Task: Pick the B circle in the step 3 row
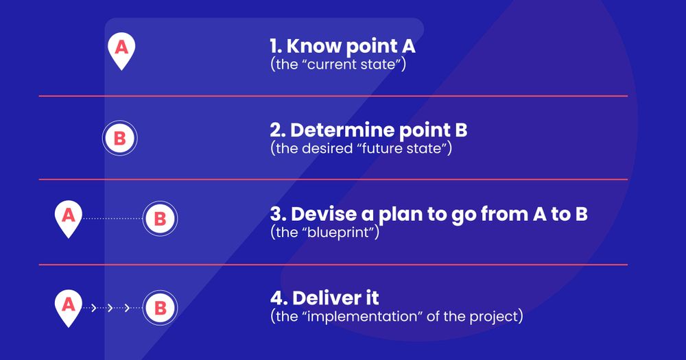point(160,219)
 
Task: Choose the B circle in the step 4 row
point(160,308)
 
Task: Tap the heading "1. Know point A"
point(342,47)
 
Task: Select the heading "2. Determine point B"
point(368,130)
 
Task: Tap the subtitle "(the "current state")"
point(338,66)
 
